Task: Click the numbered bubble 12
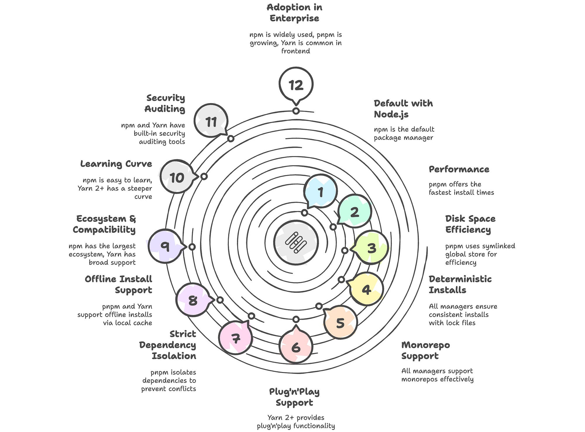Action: [296, 85]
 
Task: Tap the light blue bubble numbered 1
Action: [320, 191]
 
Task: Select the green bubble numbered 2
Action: [354, 211]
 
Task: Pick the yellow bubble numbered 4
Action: [366, 289]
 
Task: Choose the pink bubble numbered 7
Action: [235, 338]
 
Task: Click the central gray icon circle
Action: [296, 243]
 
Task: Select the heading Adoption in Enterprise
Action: [295, 13]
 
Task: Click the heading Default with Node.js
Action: [403, 109]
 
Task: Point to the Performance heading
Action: [459, 169]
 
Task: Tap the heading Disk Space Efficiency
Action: [470, 224]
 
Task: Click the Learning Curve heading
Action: [116, 164]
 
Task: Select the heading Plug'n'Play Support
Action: [294, 397]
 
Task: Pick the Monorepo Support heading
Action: [426, 350]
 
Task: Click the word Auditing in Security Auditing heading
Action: [165, 109]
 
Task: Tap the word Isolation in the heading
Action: [174, 356]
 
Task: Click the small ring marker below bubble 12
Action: [296, 111]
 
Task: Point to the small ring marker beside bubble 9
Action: [192, 247]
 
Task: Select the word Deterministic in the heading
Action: [460, 279]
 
